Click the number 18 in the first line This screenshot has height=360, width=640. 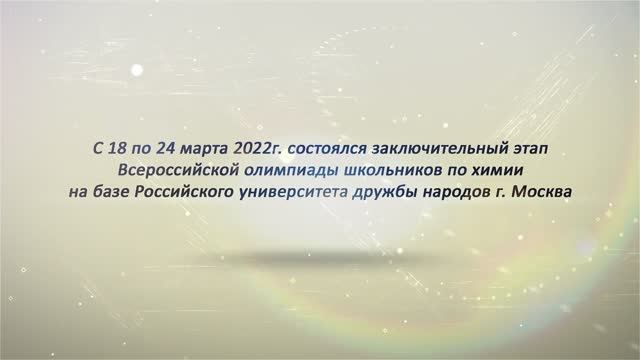(119, 148)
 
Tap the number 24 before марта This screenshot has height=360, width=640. (172, 148)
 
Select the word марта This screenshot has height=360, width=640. (210, 148)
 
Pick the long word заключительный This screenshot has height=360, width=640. (446, 148)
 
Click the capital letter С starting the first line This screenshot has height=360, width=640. (97, 148)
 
